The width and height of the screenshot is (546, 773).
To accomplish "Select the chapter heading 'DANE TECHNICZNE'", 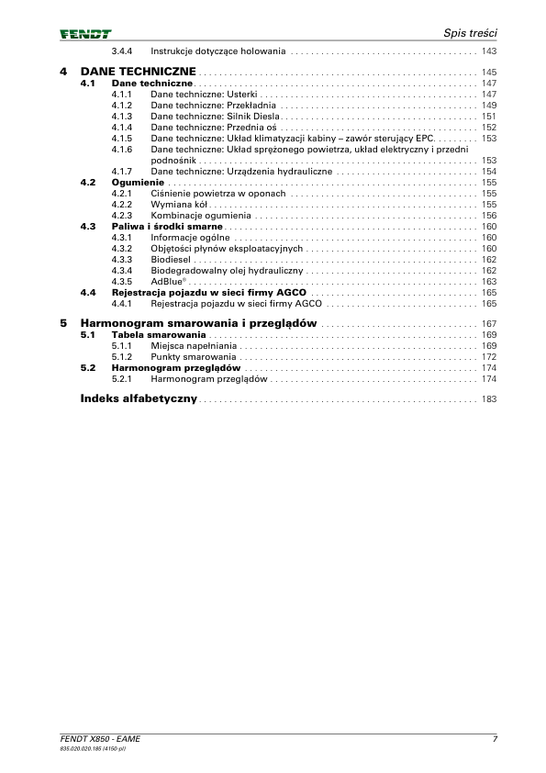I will point(138,71).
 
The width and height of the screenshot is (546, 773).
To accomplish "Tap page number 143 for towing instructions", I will point(488,51).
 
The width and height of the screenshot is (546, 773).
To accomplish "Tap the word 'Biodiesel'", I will point(171,260).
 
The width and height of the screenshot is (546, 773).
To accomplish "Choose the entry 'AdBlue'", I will point(167,282).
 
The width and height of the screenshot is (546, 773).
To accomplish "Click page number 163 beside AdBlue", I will point(488,282).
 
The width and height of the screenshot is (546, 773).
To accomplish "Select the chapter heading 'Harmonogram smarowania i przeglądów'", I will point(199,324).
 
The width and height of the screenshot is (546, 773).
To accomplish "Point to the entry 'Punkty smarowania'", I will point(193,357).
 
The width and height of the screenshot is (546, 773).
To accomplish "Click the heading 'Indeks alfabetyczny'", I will point(139,399).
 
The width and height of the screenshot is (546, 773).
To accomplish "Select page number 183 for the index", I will point(488,400).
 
